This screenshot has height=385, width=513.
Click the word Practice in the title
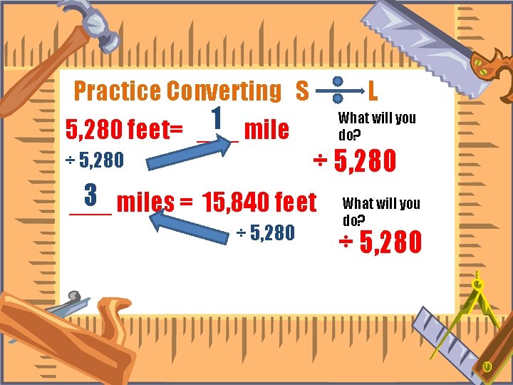tap(118, 91)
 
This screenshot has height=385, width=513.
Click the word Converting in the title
tap(224, 91)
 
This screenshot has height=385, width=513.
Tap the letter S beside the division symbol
tap(302, 91)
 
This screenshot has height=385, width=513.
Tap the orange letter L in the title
tap(373, 91)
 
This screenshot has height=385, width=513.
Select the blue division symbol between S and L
tap(338, 91)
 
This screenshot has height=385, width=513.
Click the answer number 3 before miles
tap(90, 194)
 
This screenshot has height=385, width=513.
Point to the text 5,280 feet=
tap(124, 130)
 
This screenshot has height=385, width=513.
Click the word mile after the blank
tap(266, 130)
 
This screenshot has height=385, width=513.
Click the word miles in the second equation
tap(145, 202)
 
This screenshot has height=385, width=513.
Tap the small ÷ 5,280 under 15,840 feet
tap(265, 232)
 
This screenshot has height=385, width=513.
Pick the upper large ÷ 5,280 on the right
tap(355, 161)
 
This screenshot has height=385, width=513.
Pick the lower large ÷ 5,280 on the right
tap(380, 243)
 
